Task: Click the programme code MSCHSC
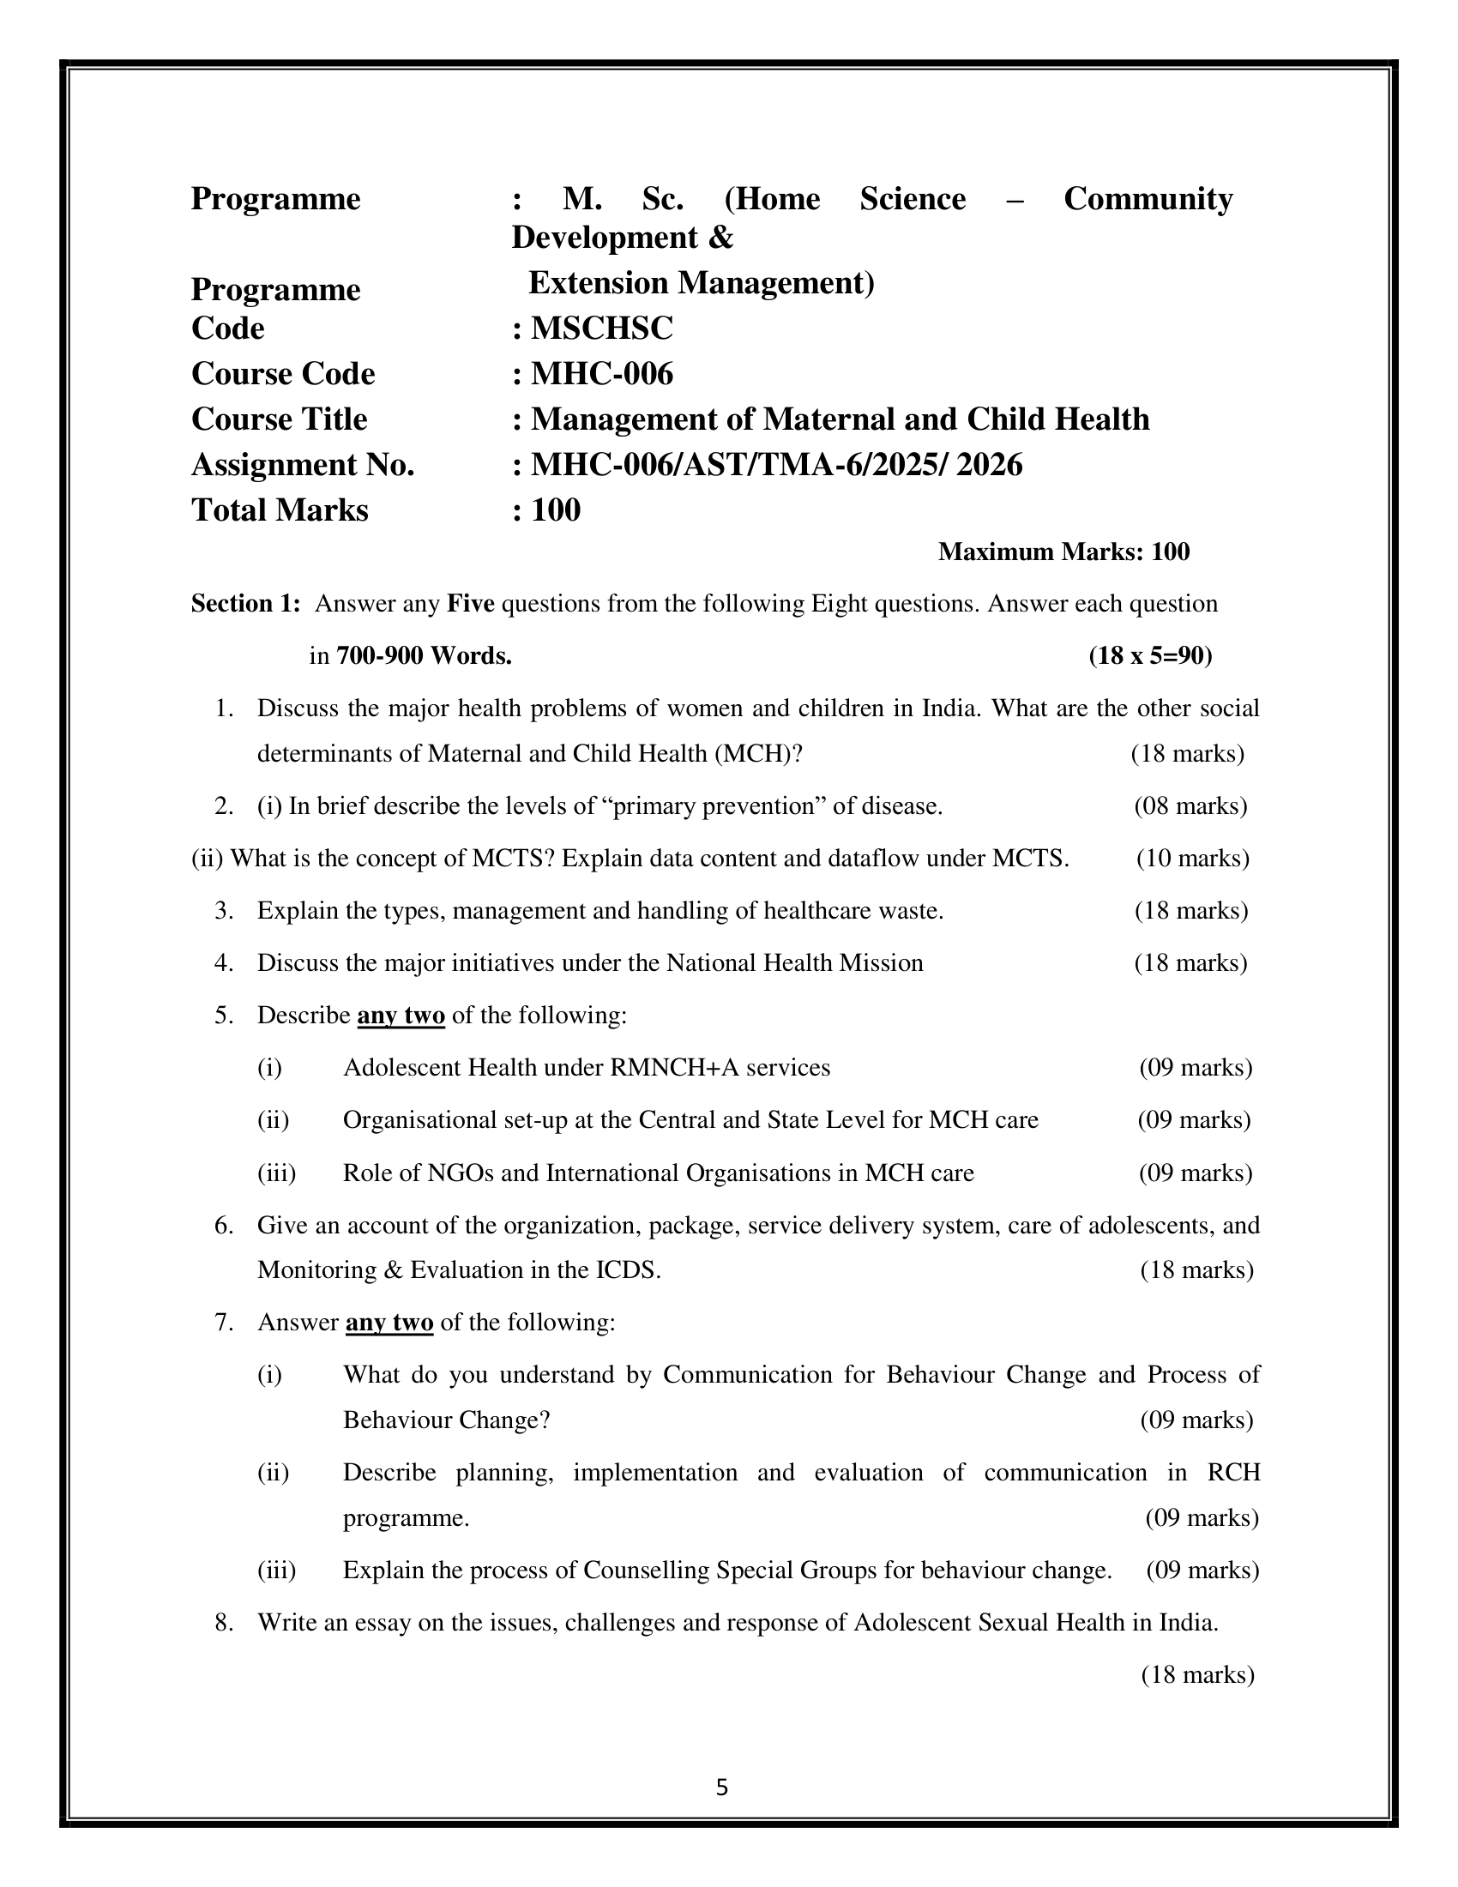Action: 601,329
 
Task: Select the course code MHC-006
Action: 601,374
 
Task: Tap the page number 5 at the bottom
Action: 722,1787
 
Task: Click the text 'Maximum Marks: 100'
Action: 1063,552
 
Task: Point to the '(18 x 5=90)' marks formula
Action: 1150,656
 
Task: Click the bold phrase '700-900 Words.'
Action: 424,656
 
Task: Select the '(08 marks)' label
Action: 1190,806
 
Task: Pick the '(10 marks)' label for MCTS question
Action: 1192,858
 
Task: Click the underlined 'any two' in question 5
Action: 401,1016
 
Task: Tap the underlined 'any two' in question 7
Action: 389,1323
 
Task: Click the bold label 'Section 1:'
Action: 245,603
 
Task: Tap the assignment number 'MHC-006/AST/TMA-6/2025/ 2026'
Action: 775,465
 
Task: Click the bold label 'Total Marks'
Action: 280,510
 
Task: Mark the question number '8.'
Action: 225,1623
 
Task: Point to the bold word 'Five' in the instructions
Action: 470,603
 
